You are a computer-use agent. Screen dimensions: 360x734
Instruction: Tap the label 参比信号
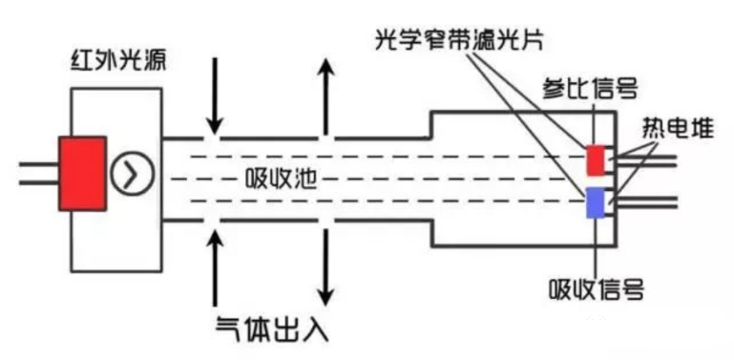pos(586,89)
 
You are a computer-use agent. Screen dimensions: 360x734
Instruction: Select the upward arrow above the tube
pos(326,95)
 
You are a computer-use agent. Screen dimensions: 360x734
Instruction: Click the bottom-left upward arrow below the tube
pos(215,265)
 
